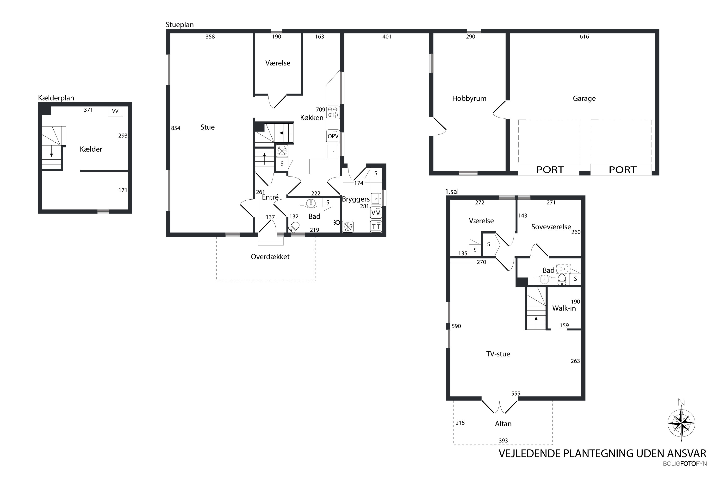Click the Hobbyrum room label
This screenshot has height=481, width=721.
[x=469, y=98]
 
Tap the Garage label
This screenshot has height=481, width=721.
[x=584, y=98]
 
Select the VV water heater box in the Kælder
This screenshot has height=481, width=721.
[x=115, y=111]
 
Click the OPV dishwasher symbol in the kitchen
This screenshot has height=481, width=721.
[x=333, y=136]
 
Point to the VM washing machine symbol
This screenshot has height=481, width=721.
[x=376, y=213]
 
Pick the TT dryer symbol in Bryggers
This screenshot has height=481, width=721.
[x=376, y=226]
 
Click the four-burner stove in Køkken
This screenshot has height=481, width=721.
[x=333, y=112]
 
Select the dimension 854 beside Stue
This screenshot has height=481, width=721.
[x=176, y=128]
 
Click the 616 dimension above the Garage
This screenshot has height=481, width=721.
[x=584, y=37]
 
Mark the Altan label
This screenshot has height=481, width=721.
[x=503, y=424]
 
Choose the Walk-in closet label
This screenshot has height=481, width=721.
[x=564, y=308]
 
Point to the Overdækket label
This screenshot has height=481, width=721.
[x=270, y=257]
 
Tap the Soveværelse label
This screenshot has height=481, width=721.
[x=551, y=227]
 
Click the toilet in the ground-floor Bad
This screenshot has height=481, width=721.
[x=294, y=227]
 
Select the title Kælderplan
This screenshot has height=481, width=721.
[x=56, y=98]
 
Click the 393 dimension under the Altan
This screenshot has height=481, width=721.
[x=503, y=441]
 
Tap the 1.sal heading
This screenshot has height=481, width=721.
[x=452, y=191]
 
